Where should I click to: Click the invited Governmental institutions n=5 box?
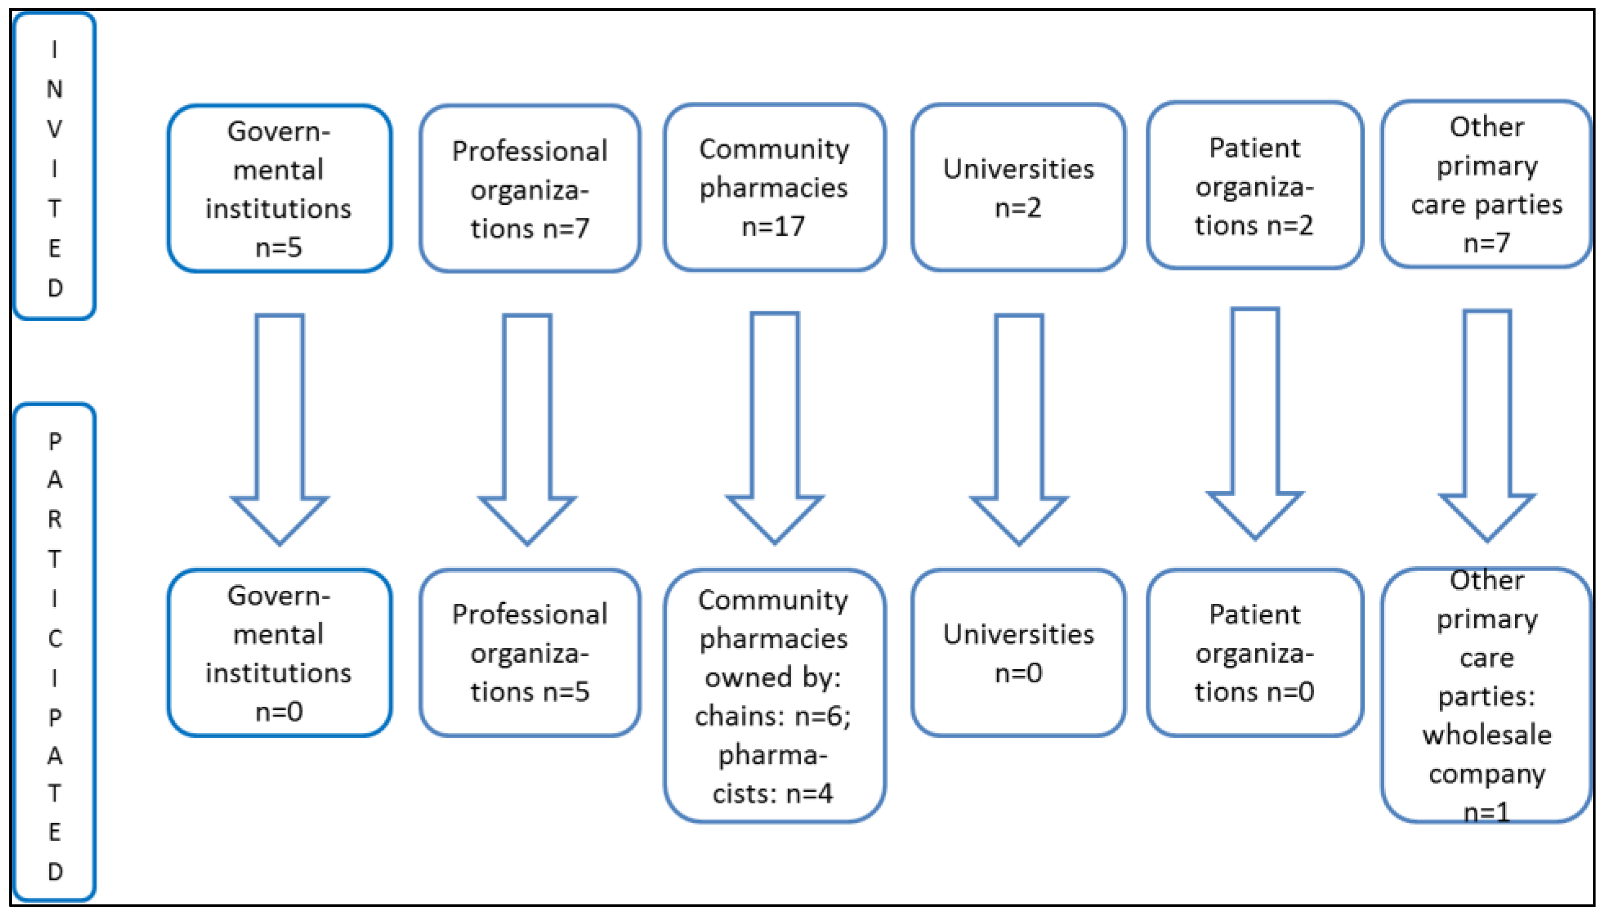tap(279, 188)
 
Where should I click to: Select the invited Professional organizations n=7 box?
tap(529, 188)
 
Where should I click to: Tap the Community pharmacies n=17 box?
tap(774, 187)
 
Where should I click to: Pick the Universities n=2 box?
tap(1018, 187)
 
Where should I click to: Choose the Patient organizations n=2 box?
tap(1255, 186)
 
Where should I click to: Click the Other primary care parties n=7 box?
tap(1486, 184)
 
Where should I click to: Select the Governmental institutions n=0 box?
tap(279, 652)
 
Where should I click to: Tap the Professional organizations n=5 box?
tap(529, 652)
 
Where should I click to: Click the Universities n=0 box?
tap(1018, 652)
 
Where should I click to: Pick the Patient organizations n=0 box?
tap(1255, 652)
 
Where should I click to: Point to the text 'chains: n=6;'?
tap(773, 715)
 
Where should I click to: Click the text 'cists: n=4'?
tap(773, 793)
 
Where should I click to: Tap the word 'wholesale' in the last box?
tap(1487, 735)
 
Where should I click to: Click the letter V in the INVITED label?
tap(55, 128)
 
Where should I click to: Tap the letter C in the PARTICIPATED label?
tap(55, 639)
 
